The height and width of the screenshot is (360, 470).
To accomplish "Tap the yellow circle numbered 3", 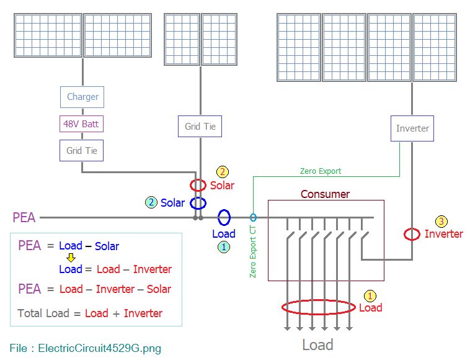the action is point(441,222).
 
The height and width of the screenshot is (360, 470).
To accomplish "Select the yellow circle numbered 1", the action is point(370,296).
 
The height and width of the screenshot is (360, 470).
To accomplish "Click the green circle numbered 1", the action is point(224,247).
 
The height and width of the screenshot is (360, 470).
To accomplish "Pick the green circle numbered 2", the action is point(151,202).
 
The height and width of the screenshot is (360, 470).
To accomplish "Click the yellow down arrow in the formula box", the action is point(71,258).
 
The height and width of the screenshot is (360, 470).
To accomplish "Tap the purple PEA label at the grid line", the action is point(24,217).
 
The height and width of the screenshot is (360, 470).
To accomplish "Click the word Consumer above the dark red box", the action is point(326,194).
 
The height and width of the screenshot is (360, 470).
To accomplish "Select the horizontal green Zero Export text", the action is point(321,171).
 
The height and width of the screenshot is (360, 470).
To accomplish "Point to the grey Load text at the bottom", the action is point(317,344).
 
